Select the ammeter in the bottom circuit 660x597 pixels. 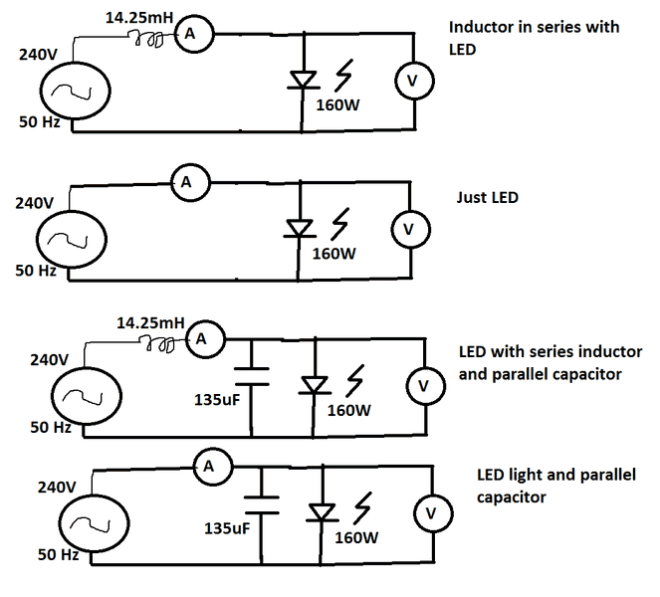pyautogui.click(x=208, y=465)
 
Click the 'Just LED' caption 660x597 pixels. pyautogui.click(x=488, y=198)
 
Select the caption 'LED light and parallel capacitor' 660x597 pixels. pyautogui.click(x=555, y=486)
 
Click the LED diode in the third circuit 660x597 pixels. pyautogui.click(x=316, y=383)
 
